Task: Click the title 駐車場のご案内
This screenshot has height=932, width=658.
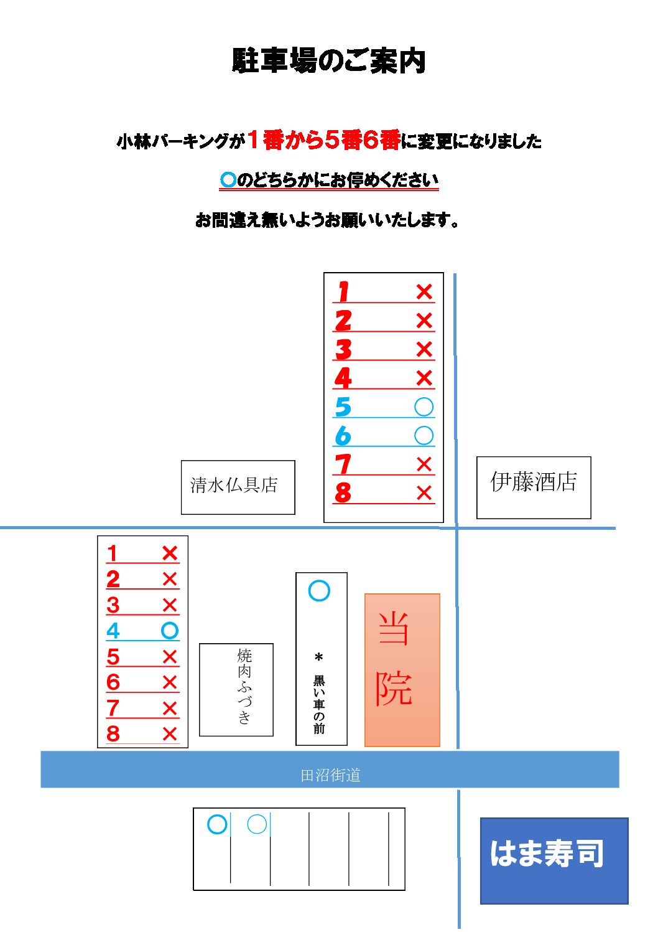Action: point(328,61)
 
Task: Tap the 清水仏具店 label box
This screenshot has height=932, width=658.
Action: point(238,487)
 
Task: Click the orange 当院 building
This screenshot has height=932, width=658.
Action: point(402,670)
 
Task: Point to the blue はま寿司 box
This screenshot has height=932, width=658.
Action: point(554,860)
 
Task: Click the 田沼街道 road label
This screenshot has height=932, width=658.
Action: point(330,776)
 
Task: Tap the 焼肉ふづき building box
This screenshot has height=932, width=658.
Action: point(236,690)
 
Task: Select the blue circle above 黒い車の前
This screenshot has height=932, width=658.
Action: point(319,591)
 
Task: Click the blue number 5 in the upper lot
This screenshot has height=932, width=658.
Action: point(343,407)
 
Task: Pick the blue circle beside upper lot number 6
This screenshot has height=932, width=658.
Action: point(424,436)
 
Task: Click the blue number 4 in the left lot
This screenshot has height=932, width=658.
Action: point(113,631)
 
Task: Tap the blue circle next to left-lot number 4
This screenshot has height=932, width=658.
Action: point(170,631)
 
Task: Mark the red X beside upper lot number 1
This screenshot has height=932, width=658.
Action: point(424,291)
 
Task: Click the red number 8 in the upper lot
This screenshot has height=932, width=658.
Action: point(343,493)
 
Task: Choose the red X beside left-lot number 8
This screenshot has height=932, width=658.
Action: point(170,734)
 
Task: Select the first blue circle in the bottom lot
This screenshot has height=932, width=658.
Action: point(218,825)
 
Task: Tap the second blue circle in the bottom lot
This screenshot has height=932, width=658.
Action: point(257,825)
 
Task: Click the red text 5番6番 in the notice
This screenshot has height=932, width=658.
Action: point(363,140)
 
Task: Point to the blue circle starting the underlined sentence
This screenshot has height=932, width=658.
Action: point(228,180)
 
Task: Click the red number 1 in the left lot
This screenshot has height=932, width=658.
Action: point(112,554)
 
